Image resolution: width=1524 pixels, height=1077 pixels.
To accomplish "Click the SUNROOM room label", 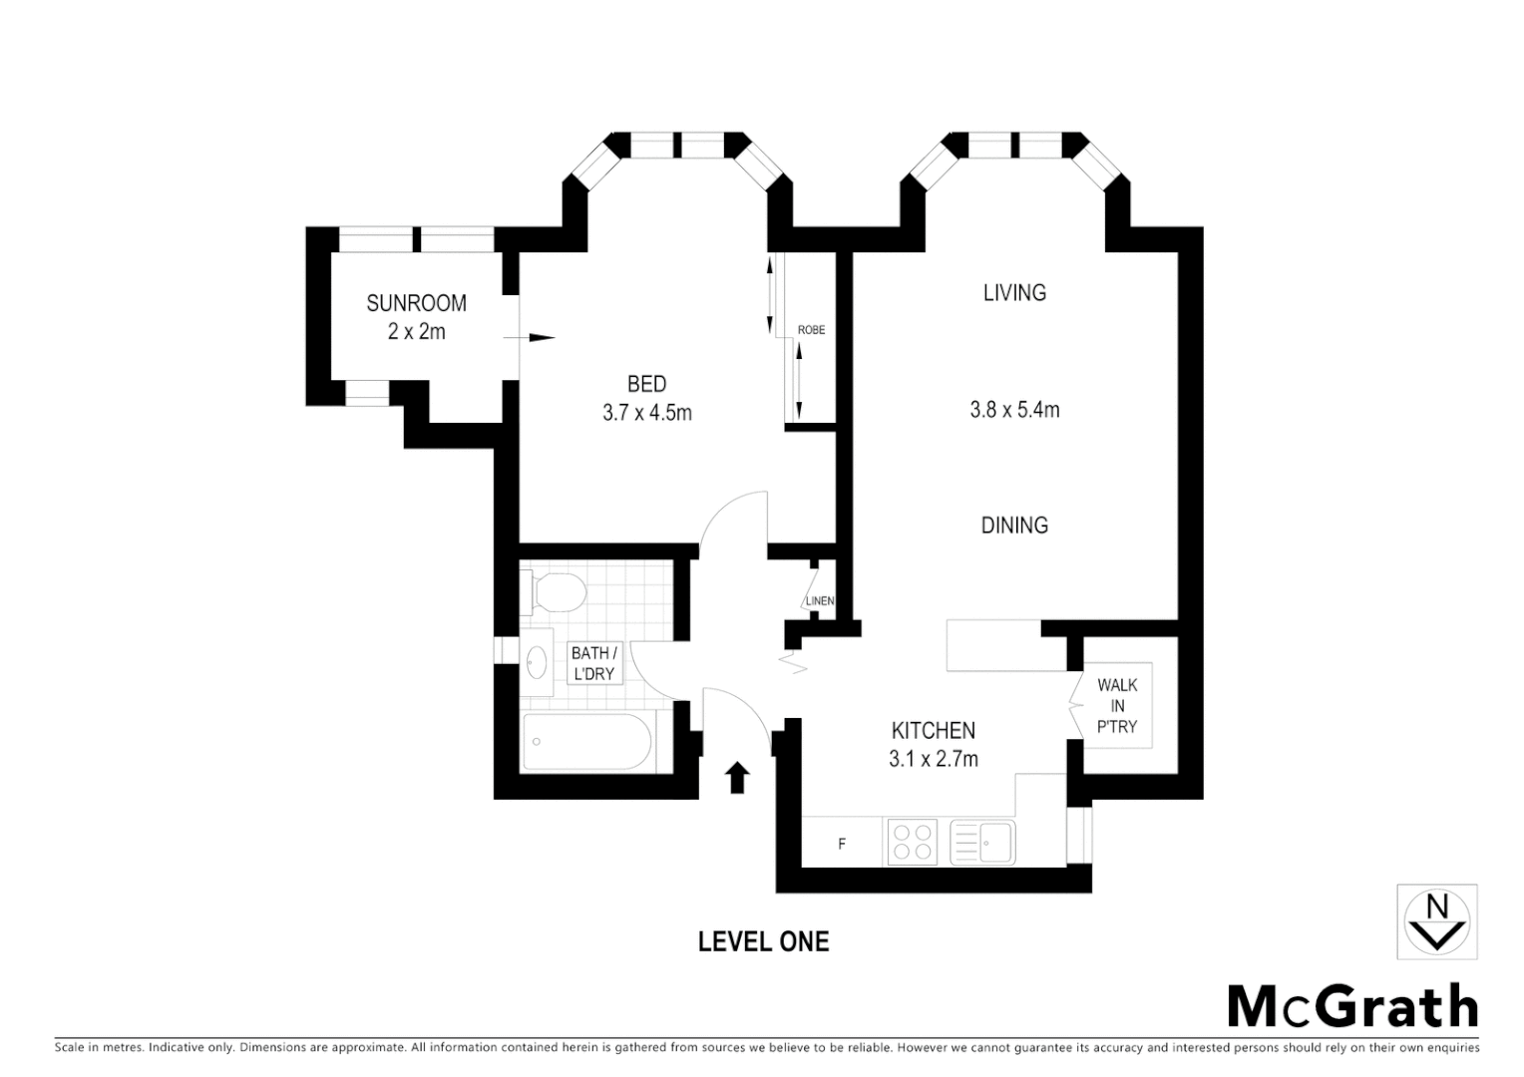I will click(416, 303).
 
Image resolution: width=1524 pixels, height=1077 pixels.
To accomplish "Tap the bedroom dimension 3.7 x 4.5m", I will click(646, 412).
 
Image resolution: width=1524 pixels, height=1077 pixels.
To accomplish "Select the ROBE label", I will click(811, 330).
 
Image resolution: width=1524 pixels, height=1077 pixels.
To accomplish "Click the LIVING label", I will click(1014, 292).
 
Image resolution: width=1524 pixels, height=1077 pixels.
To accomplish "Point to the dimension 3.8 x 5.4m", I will click(1014, 409).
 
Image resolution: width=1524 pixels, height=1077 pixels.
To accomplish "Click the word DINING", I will click(1014, 526).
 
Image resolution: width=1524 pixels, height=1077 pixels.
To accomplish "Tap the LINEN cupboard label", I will click(820, 600).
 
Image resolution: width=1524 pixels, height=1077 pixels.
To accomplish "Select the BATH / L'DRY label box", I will click(594, 664).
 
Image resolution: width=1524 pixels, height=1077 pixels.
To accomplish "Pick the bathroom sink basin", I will click(538, 661).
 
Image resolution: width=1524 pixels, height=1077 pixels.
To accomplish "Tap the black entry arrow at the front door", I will click(737, 777).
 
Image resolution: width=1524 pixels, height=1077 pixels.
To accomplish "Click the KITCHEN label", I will click(933, 730).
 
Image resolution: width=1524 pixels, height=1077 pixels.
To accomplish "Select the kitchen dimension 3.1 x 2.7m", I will click(933, 759).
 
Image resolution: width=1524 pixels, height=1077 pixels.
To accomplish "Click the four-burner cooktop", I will click(912, 841).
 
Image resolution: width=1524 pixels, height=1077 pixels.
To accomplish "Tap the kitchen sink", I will click(982, 842).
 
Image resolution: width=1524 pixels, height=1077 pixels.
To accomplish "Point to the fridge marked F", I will click(842, 844).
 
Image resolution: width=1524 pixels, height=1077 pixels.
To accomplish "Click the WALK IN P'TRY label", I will click(1117, 705).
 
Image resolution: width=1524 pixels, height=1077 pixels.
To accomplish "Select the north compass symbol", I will click(1436, 921).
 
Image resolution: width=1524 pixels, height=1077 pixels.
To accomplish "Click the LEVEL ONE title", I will click(763, 941).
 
